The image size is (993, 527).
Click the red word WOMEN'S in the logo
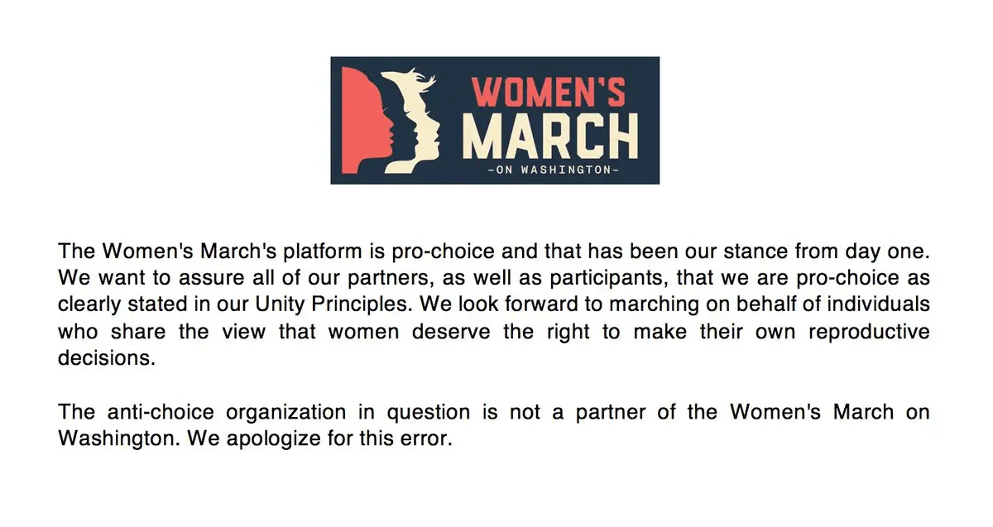point(549,93)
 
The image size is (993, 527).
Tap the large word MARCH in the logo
point(550,136)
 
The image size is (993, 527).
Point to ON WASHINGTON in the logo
point(554,170)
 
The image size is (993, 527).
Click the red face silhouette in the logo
point(366,121)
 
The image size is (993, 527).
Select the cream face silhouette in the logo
point(412,120)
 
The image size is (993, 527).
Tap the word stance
point(755,252)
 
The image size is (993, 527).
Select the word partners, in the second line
point(388,278)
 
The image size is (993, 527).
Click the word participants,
point(609,279)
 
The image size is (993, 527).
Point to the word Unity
point(280,305)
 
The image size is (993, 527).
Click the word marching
point(654,305)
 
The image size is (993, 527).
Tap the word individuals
point(878,304)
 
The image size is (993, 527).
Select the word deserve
point(451,332)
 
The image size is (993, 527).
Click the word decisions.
point(107,358)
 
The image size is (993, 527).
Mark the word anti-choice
point(161,412)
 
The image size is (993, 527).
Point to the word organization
point(286,413)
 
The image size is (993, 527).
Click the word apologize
point(274,439)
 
